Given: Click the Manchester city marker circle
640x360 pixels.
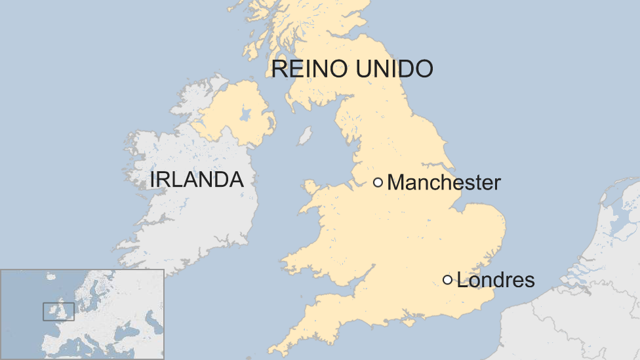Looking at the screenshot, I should tap(378, 182).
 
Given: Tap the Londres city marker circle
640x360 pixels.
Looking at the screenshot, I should tap(447, 280).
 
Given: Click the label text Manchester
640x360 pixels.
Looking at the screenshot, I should tap(444, 182).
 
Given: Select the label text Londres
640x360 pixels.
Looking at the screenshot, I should tap(496, 281).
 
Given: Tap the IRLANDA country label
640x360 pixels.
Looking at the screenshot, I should tap(197, 180).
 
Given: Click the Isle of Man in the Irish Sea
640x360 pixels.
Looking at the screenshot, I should tap(304, 136).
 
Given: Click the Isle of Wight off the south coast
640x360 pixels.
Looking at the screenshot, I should tap(410, 321).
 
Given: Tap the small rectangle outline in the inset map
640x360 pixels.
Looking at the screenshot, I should tap(58, 311).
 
